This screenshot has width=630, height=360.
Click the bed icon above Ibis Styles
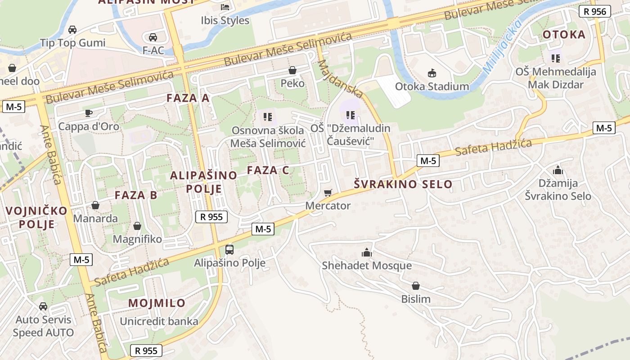point(225,7)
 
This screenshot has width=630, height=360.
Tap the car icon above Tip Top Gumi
point(72,30)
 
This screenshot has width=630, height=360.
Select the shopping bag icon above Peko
point(292,70)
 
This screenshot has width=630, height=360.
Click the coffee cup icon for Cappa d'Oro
point(89,113)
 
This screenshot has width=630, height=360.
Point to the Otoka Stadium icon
point(432,73)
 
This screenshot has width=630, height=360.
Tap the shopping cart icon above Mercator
point(328,193)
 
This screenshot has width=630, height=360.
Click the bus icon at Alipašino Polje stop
point(229,249)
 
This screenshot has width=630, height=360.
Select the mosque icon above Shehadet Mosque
point(367,252)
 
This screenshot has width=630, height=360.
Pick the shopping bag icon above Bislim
point(416,286)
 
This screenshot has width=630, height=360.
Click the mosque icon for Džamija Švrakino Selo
point(558,170)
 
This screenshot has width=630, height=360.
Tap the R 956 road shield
point(594,12)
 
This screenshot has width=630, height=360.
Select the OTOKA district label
point(564,35)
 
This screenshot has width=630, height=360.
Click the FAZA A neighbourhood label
point(188,98)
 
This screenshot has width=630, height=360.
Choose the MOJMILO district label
point(157,303)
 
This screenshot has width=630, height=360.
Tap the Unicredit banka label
point(159,321)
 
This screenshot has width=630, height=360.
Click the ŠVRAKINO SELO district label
point(403,184)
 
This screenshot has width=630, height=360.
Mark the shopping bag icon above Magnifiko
point(137,225)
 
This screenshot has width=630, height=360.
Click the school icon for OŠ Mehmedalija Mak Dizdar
point(556,58)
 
